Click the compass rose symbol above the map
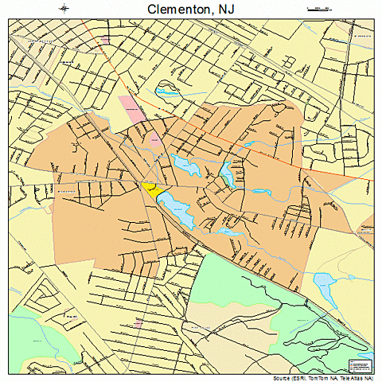click(64, 9)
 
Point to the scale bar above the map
click(318, 9)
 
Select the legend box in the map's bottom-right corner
click(360, 365)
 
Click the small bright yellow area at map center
click(150, 189)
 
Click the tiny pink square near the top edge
click(105, 37)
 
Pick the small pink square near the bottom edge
click(138, 323)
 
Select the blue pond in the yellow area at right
click(325, 281)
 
